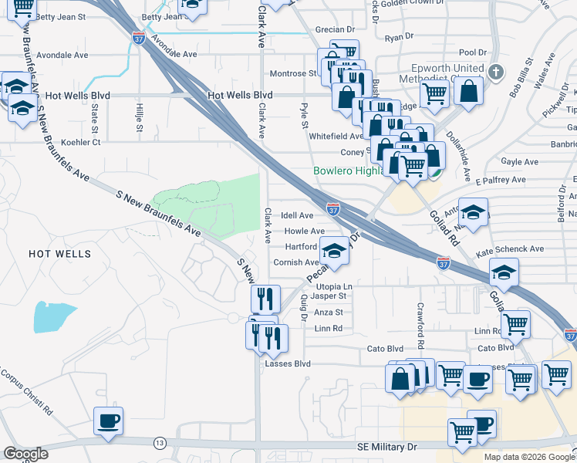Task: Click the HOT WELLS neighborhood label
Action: tap(59, 253)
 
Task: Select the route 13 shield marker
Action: tap(160, 443)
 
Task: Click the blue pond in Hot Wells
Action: tap(54, 316)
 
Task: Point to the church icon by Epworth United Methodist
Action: tap(495, 73)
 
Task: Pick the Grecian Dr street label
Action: tap(334, 29)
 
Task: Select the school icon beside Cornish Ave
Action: tap(334, 251)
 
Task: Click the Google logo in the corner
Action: tap(25, 454)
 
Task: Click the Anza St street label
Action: tap(328, 313)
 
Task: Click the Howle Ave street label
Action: tap(303, 231)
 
